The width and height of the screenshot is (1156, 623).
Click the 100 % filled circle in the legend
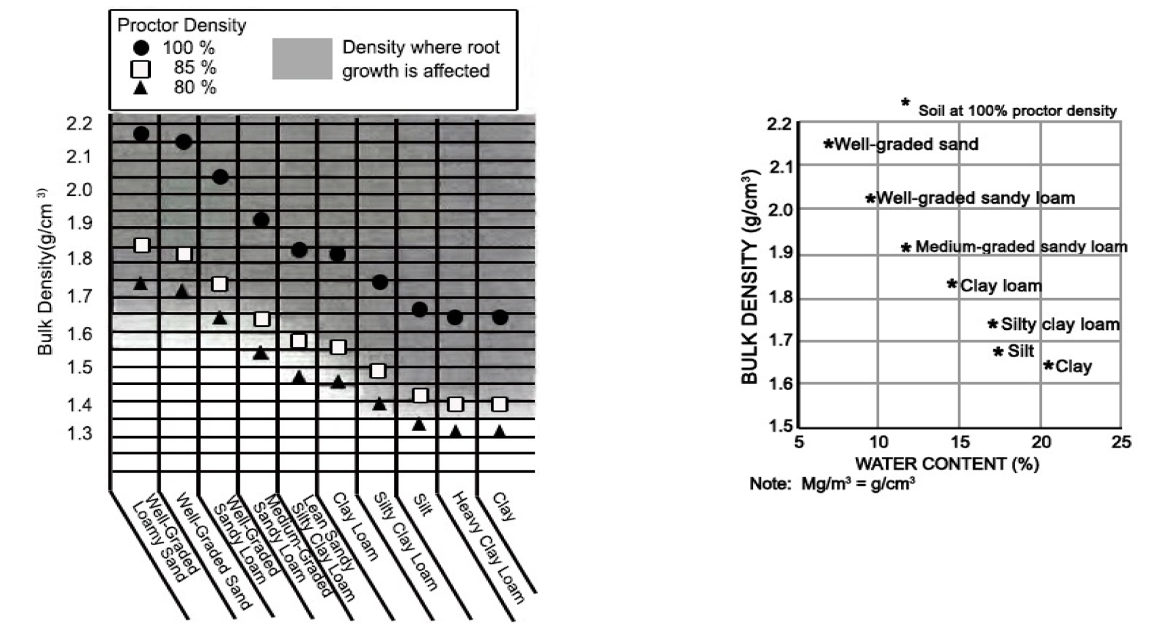click(141, 48)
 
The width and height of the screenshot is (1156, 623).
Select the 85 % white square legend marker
click(141, 69)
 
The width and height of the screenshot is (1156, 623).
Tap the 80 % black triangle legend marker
click(141, 88)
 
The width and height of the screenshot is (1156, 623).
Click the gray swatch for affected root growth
click(302, 59)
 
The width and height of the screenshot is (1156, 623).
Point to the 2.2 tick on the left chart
click(79, 124)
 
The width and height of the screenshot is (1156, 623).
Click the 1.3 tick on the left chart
click(79, 434)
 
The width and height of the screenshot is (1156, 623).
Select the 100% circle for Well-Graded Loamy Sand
click(141, 134)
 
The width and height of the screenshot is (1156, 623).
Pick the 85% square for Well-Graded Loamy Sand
click(142, 246)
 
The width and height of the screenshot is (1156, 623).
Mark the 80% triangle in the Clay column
click(499, 431)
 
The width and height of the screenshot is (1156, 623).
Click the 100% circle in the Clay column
click(500, 318)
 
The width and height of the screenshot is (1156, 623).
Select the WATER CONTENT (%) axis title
click(947, 464)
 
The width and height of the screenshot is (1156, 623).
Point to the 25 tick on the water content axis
click(1121, 442)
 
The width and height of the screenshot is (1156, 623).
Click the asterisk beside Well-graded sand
click(828, 144)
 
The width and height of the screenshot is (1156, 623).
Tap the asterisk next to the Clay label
click(1048, 366)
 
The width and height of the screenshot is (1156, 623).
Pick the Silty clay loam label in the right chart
click(1060, 324)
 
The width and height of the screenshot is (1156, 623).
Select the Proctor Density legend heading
click(182, 26)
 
